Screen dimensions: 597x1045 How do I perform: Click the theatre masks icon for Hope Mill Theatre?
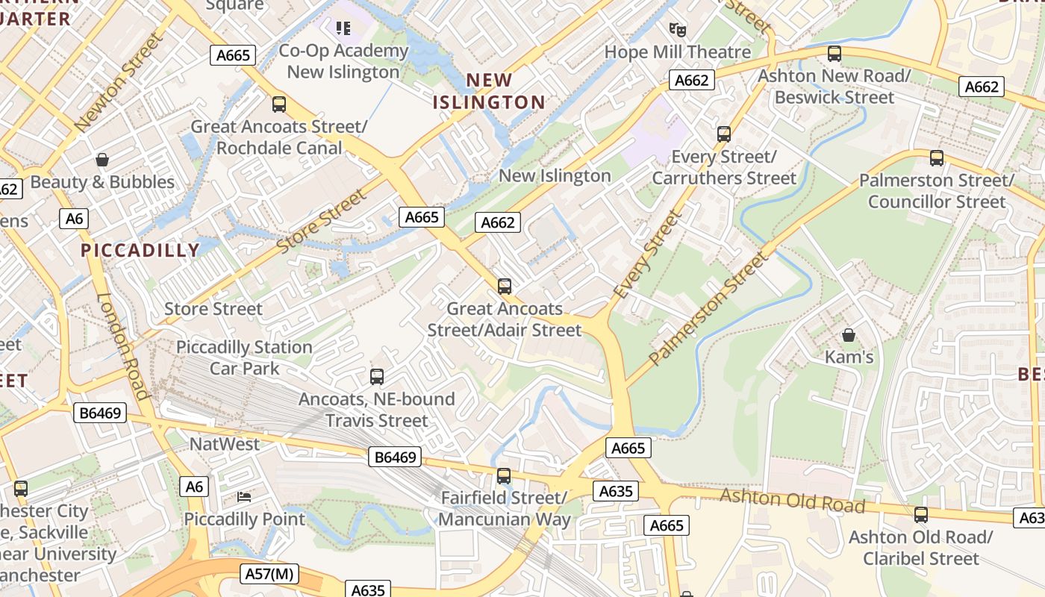click(x=677, y=30)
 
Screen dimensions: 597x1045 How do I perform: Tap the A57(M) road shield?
click(x=269, y=574)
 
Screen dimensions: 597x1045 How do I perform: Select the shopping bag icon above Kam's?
click(x=848, y=335)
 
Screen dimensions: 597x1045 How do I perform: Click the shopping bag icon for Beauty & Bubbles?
click(x=102, y=160)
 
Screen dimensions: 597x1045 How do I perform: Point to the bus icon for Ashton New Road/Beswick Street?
click(x=835, y=54)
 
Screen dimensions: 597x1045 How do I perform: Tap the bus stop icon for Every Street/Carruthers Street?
click(x=723, y=134)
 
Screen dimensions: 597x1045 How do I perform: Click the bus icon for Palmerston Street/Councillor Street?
click(x=936, y=158)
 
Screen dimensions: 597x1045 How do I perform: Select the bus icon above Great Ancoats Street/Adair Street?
click(x=505, y=287)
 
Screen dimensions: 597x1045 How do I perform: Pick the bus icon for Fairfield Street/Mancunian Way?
click(x=504, y=476)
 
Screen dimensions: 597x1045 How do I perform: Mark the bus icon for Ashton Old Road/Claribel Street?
click(x=921, y=515)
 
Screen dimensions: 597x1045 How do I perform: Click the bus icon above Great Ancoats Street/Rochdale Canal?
click(x=279, y=104)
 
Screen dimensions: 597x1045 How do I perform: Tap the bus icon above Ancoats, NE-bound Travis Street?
click(x=377, y=377)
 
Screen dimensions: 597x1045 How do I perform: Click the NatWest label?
click(x=225, y=444)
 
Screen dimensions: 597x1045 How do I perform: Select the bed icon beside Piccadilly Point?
click(x=244, y=496)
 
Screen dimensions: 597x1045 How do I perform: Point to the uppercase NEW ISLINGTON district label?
click(x=490, y=91)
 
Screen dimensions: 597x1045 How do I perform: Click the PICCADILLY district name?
click(x=140, y=250)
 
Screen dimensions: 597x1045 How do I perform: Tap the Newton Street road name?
click(x=119, y=82)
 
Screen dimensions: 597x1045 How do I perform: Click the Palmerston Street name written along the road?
click(x=708, y=308)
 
